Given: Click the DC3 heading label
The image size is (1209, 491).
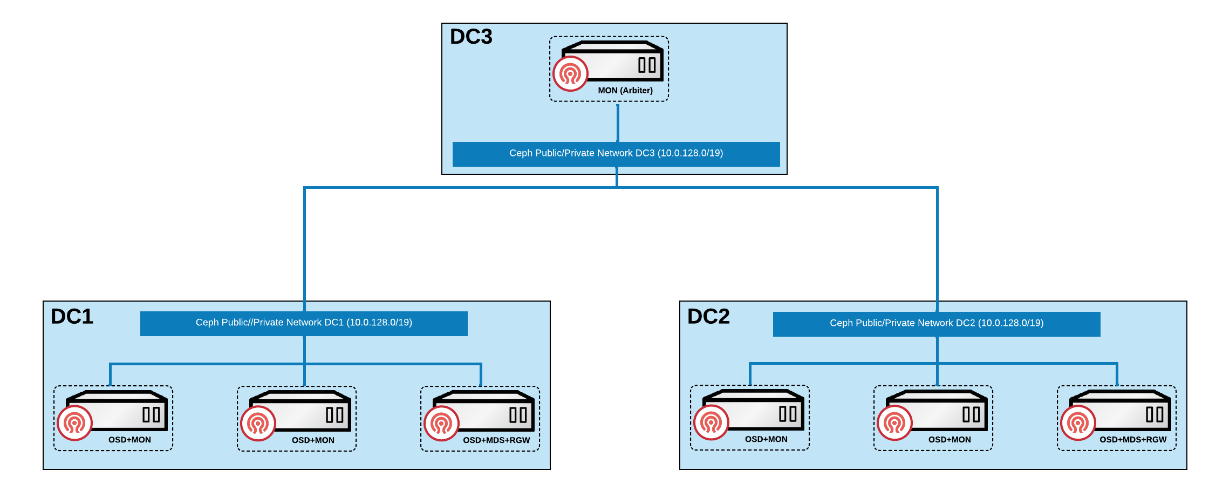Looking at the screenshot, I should (x=471, y=37).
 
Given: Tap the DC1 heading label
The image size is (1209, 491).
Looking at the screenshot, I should (x=72, y=316).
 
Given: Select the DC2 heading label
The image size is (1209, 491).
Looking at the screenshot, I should (x=708, y=316).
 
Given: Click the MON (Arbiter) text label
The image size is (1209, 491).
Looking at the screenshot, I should (x=625, y=90).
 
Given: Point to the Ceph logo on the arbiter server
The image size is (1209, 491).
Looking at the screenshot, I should (x=570, y=74).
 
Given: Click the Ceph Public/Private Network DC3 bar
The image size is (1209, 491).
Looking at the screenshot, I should (x=616, y=154).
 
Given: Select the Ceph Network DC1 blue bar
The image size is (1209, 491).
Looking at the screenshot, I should (x=304, y=323).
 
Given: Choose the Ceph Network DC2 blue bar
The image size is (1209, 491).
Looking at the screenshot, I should (x=937, y=324).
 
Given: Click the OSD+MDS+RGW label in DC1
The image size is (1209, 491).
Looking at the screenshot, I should (x=496, y=440).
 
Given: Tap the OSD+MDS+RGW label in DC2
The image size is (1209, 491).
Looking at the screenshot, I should (x=1133, y=440).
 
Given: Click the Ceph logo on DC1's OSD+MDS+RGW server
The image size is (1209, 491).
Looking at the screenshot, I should (x=441, y=424).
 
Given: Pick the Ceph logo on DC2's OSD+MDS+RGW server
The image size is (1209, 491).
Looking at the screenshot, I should (x=1078, y=423).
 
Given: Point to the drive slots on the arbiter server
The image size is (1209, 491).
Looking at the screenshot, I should (x=647, y=65).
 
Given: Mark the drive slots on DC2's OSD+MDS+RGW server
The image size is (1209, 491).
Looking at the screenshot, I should (x=1155, y=414).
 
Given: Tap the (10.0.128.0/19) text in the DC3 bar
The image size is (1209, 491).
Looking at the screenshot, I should (x=690, y=153).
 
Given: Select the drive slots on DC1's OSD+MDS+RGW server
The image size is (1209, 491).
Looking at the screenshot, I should (x=518, y=415).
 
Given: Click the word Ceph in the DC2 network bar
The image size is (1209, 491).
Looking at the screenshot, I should (x=841, y=323).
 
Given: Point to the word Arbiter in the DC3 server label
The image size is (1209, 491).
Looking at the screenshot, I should (x=637, y=90).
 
